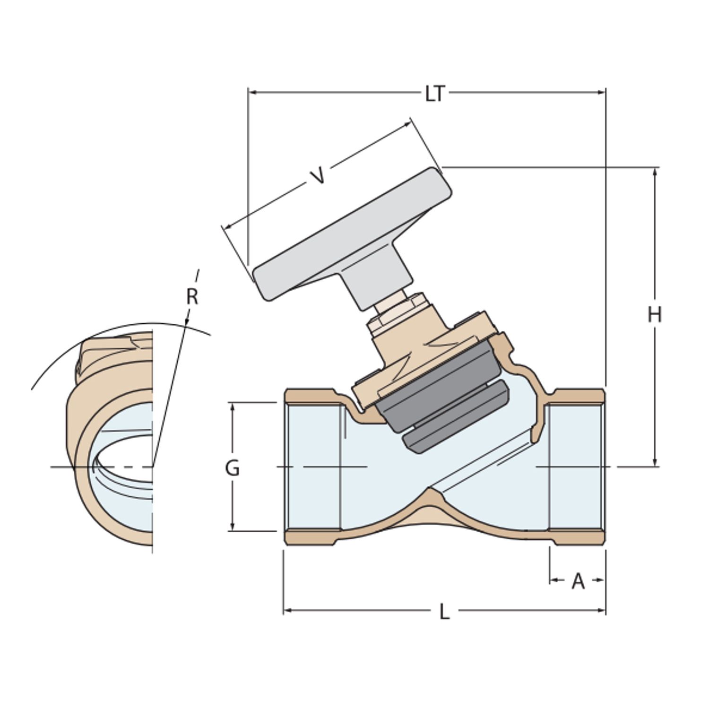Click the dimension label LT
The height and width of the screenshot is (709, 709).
pyautogui.click(x=435, y=94)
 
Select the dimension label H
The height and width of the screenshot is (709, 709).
pyautogui.click(x=655, y=314)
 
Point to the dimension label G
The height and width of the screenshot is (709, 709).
pyautogui.click(x=232, y=468)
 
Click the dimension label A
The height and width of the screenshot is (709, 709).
pyautogui.click(x=578, y=581)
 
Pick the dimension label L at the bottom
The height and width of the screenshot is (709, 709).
pyautogui.click(x=444, y=612)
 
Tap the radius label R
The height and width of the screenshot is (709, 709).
pyautogui.click(x=192, y=297)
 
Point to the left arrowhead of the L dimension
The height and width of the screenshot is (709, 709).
pyautogui.click(x=287, y=611)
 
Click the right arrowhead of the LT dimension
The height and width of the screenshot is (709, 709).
pyautogui.click(x=602, y=92)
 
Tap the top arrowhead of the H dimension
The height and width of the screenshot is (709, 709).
pyautogui.click(x=655, y=172)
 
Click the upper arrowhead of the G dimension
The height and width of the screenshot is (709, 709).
pyautogui.click(x=232, y=407)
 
